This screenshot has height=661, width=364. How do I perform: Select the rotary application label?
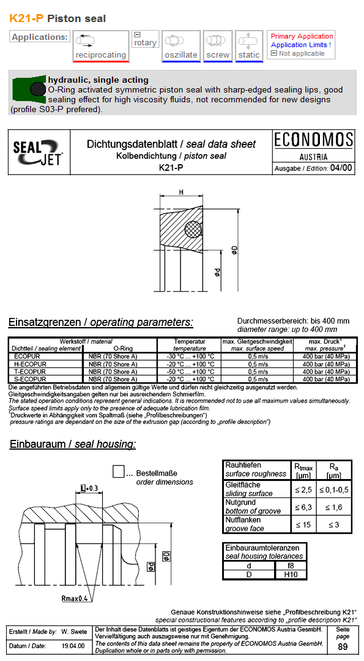(146, 43)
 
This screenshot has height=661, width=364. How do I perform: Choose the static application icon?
(249, 42)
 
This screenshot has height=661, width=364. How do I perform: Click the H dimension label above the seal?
(182, 192)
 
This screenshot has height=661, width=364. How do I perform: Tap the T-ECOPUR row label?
(30, 372)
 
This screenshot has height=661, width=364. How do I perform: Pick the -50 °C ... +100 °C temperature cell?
(190, 372)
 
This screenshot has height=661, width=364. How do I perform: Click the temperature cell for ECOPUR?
(190, 356)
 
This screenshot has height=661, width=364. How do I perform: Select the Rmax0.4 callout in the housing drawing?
(75, 597)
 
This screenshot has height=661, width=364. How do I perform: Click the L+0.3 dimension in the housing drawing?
(89, 488)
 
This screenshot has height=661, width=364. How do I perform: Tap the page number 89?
(343, 647)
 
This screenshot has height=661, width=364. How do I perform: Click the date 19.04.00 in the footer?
(73, 646)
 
